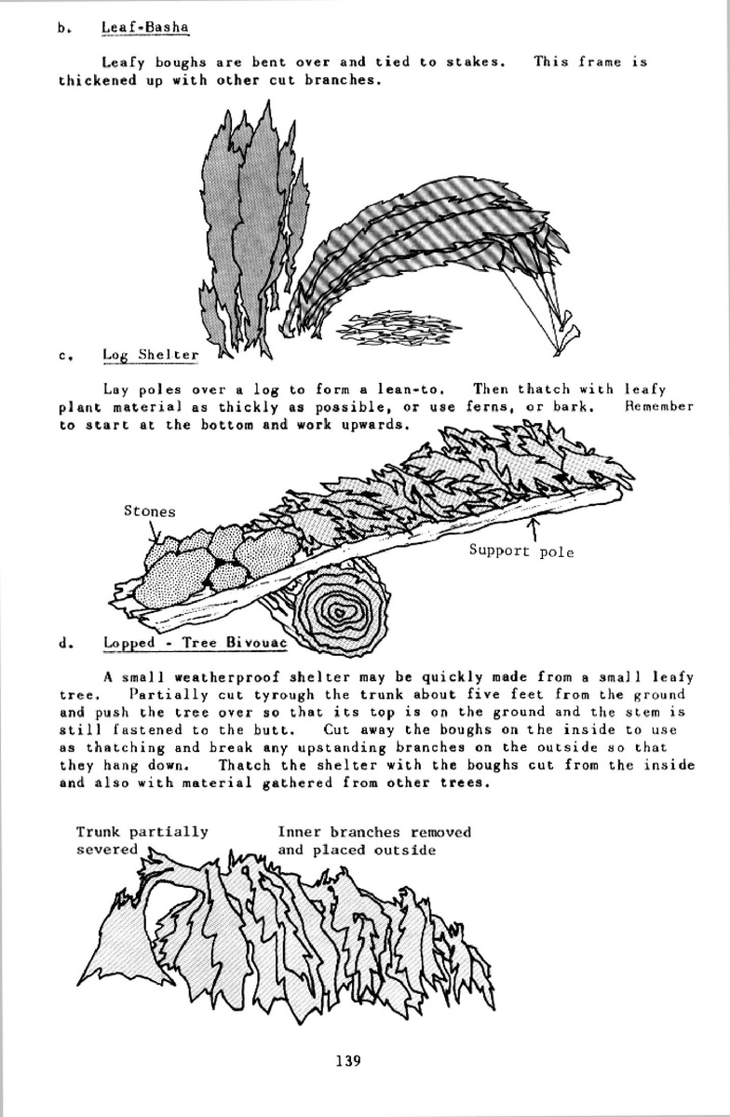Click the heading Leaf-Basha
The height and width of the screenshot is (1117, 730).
click(x=144, y=27)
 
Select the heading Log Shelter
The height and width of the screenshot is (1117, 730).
click(x=150, y=354)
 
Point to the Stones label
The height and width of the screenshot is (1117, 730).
click(x=149, y=511)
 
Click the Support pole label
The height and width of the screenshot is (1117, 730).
click(x=520, y=552)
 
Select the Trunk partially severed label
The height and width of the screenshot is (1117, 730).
click(x=142, y=840)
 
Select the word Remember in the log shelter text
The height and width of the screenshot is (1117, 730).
click(x=659, y=407)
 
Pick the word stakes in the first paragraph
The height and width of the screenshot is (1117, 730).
click(x=475, y=62)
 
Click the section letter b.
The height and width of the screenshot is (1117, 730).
click(x=62, y=28)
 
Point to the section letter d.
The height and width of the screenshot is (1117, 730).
click(x=63, y=643)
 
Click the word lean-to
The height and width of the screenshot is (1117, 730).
click(x=419, y=389)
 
